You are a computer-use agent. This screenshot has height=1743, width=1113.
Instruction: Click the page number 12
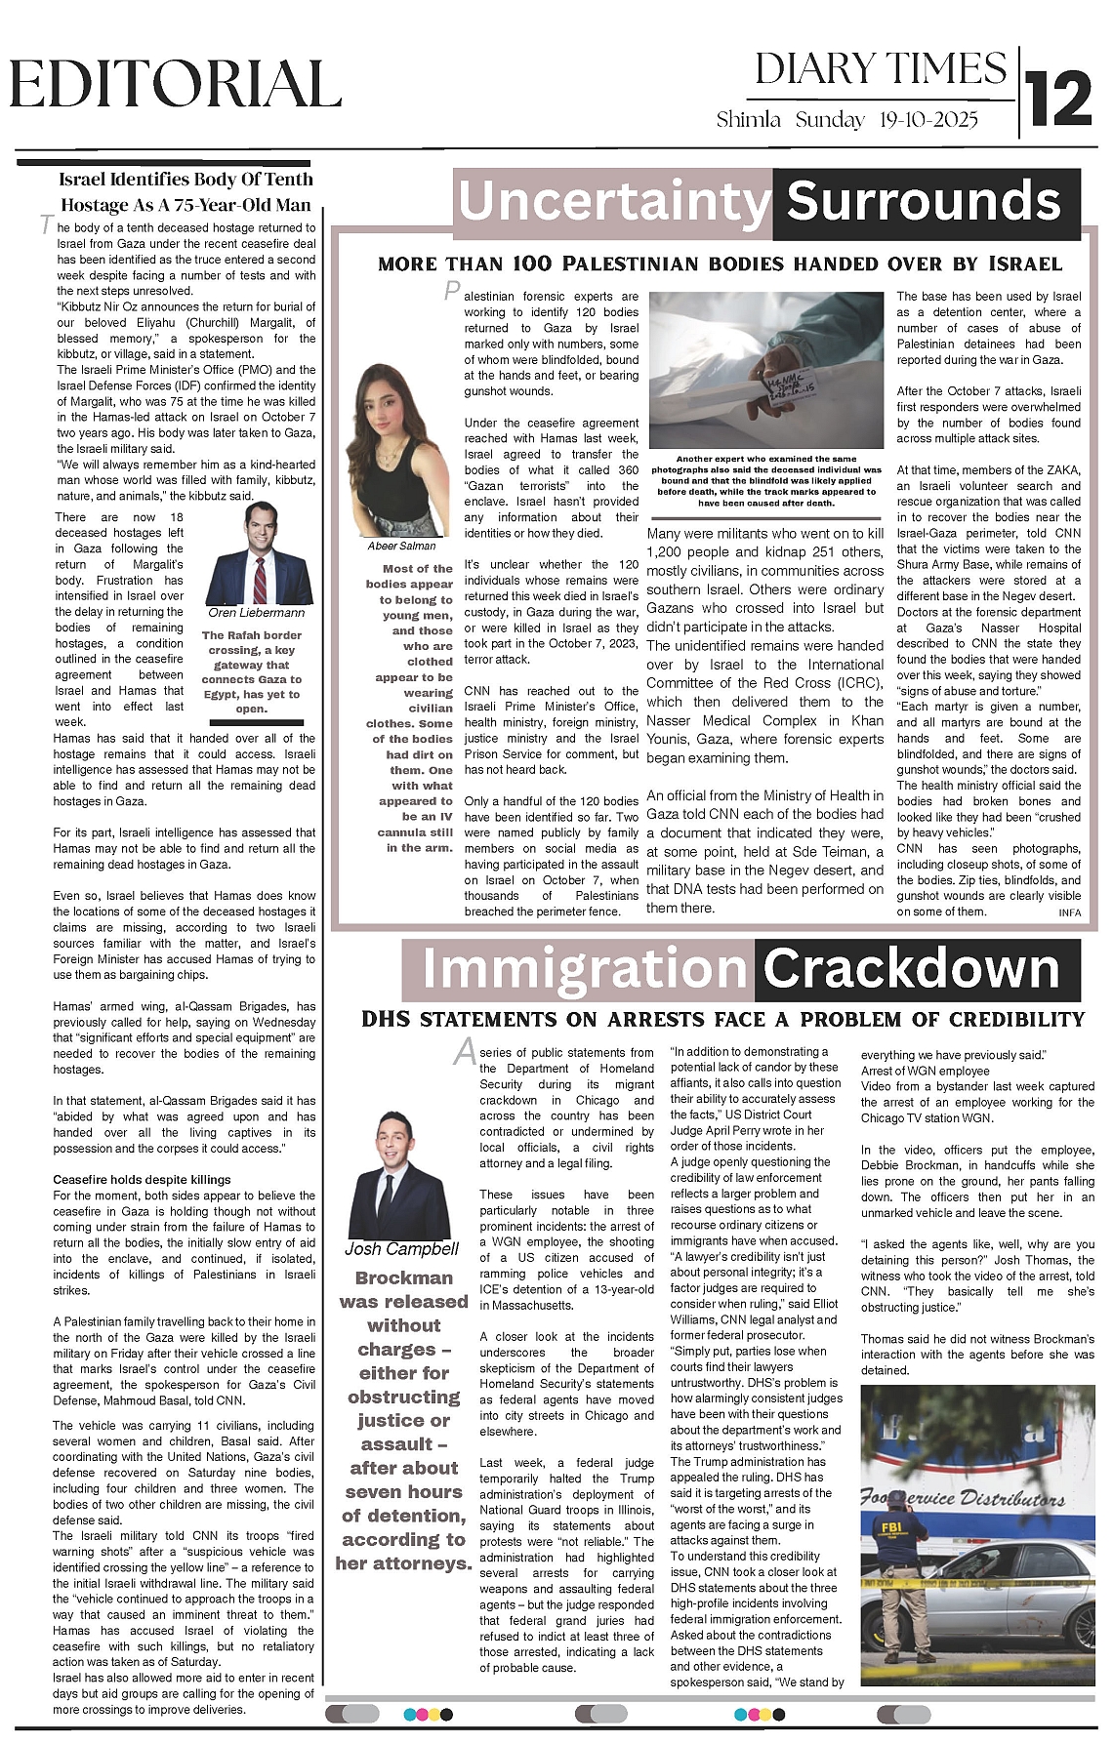(x=1059, y=98)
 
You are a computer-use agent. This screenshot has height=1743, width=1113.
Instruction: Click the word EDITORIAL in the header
(x=176, y=85)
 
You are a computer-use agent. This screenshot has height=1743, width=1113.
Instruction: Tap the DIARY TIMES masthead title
(x=880, y=69)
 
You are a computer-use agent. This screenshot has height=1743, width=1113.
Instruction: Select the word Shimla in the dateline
(x=749, y=120)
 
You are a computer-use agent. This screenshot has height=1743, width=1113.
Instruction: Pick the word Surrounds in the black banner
(x=924, y=202)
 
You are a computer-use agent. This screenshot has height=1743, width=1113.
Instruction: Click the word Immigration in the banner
(x=584, y=969)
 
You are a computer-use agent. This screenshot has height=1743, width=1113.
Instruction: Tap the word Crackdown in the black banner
(x=911, y=969)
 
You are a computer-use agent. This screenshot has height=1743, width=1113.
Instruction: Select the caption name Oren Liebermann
(x=256, y=613)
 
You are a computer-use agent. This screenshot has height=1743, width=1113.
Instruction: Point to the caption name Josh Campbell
(x=401, y=1249)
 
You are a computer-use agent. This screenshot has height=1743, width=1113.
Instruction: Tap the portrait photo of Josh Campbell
(x=399, y=1175)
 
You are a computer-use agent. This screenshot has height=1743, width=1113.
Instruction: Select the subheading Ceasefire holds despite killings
(x=142, y=1180)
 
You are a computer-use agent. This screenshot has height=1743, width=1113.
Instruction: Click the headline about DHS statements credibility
(x=722, y=1020)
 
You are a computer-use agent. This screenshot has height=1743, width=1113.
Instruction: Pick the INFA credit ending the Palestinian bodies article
(x=1069, y=912)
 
